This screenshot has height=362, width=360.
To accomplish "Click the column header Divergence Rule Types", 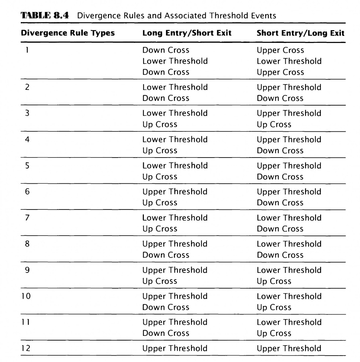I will coord(68,33).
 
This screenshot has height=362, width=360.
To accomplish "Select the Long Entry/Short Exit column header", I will coord(187,33).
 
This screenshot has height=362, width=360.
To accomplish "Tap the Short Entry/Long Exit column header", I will coord(301,33).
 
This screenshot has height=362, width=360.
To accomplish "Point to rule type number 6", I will coord(27,192).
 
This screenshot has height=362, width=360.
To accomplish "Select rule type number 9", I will coord(27,270).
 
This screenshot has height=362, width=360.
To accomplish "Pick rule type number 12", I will coord(25,348).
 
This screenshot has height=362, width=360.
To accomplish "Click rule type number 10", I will coord(25,296).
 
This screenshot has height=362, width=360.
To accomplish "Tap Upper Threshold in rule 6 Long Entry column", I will coord(175,192).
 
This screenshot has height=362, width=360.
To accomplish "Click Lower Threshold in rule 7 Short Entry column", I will coord(289,218).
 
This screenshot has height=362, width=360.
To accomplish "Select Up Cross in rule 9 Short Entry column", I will coord(274,281).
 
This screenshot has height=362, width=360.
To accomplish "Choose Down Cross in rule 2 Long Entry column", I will coord(166,98).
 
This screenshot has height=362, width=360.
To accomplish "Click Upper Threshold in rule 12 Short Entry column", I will coord(289,348).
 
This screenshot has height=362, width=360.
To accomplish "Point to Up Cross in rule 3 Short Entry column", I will coord(274,124).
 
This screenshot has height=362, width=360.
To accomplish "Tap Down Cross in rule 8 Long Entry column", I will coord(166,255).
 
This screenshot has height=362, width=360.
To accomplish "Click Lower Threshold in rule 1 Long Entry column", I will coord(175,61).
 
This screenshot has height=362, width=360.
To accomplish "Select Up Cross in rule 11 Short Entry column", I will coord(274,334).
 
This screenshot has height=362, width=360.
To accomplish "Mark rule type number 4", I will coord(27,139).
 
